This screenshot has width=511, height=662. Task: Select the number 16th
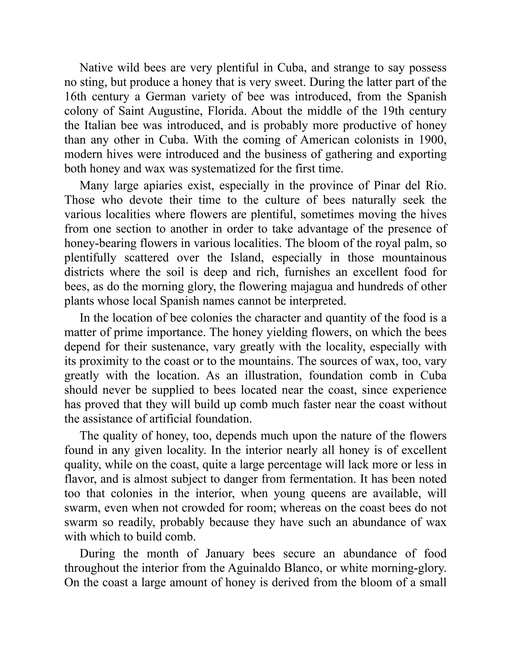(75, 96)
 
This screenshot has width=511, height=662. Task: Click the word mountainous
(414, 258)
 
